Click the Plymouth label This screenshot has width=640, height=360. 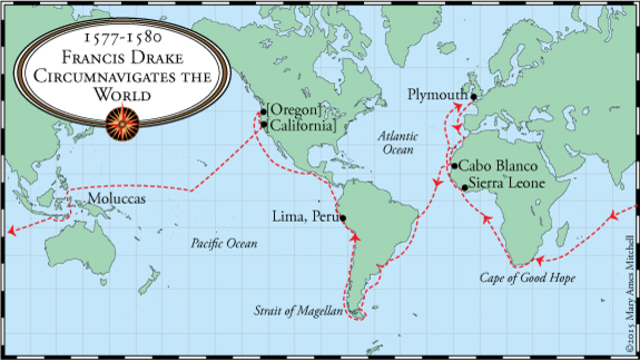pos(437,94)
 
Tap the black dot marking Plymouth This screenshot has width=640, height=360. pos(474,97)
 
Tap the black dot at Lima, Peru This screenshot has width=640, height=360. pos(343,217)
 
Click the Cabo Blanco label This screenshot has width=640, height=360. pos(498,166)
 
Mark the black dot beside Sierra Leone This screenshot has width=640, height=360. pos(464,187)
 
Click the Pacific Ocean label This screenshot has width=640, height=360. pos(222,243)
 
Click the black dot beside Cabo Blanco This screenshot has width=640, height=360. pos(454,166)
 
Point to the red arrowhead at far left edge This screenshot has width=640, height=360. pos(10,231)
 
